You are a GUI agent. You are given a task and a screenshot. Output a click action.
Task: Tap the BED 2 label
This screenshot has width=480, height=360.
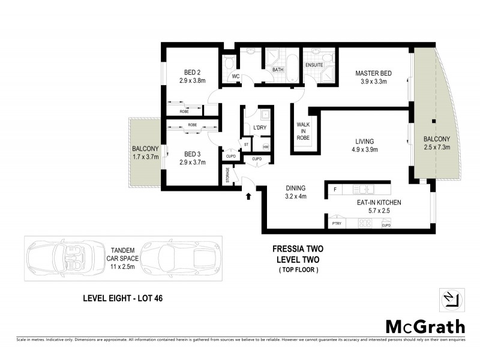[x=192, y=72]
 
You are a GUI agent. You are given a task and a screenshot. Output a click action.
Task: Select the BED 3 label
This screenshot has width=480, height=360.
[x=192, y=154]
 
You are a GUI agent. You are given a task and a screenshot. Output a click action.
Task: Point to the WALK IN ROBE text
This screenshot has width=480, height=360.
[x=303, y=131]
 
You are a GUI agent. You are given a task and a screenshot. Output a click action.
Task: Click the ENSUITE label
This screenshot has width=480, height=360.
[x=314, y=64]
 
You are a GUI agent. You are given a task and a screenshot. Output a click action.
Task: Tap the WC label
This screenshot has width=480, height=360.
[x=236, y=76]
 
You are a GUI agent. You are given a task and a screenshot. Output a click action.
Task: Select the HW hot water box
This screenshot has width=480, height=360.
[x=265, y=146]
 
